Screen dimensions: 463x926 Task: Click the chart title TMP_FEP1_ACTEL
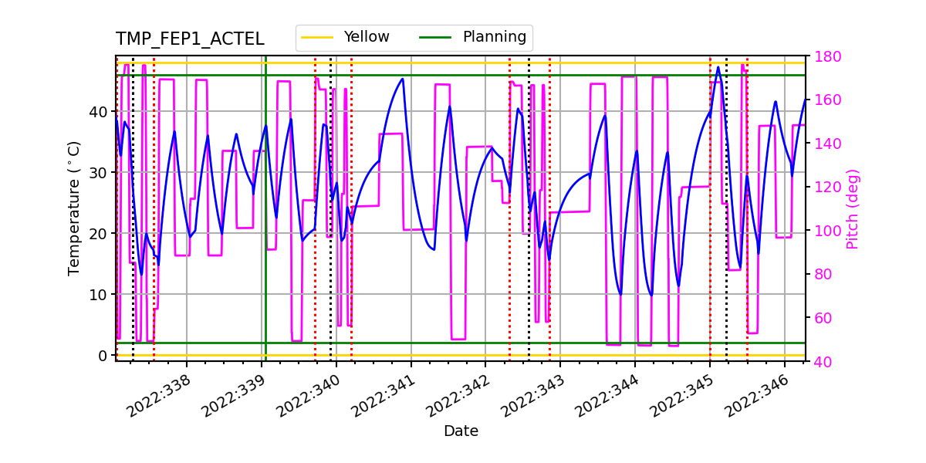(x=190, y=39)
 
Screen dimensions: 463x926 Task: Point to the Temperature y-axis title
(x=74, y=208)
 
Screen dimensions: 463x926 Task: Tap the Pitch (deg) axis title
(x=852, y=208)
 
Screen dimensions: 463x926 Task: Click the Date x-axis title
(x=461, y=431)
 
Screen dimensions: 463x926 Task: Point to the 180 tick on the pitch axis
(x=823, y=56)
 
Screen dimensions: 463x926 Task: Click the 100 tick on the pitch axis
(x=823, y=231)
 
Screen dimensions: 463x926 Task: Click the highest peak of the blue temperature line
(x=718, y=67)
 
